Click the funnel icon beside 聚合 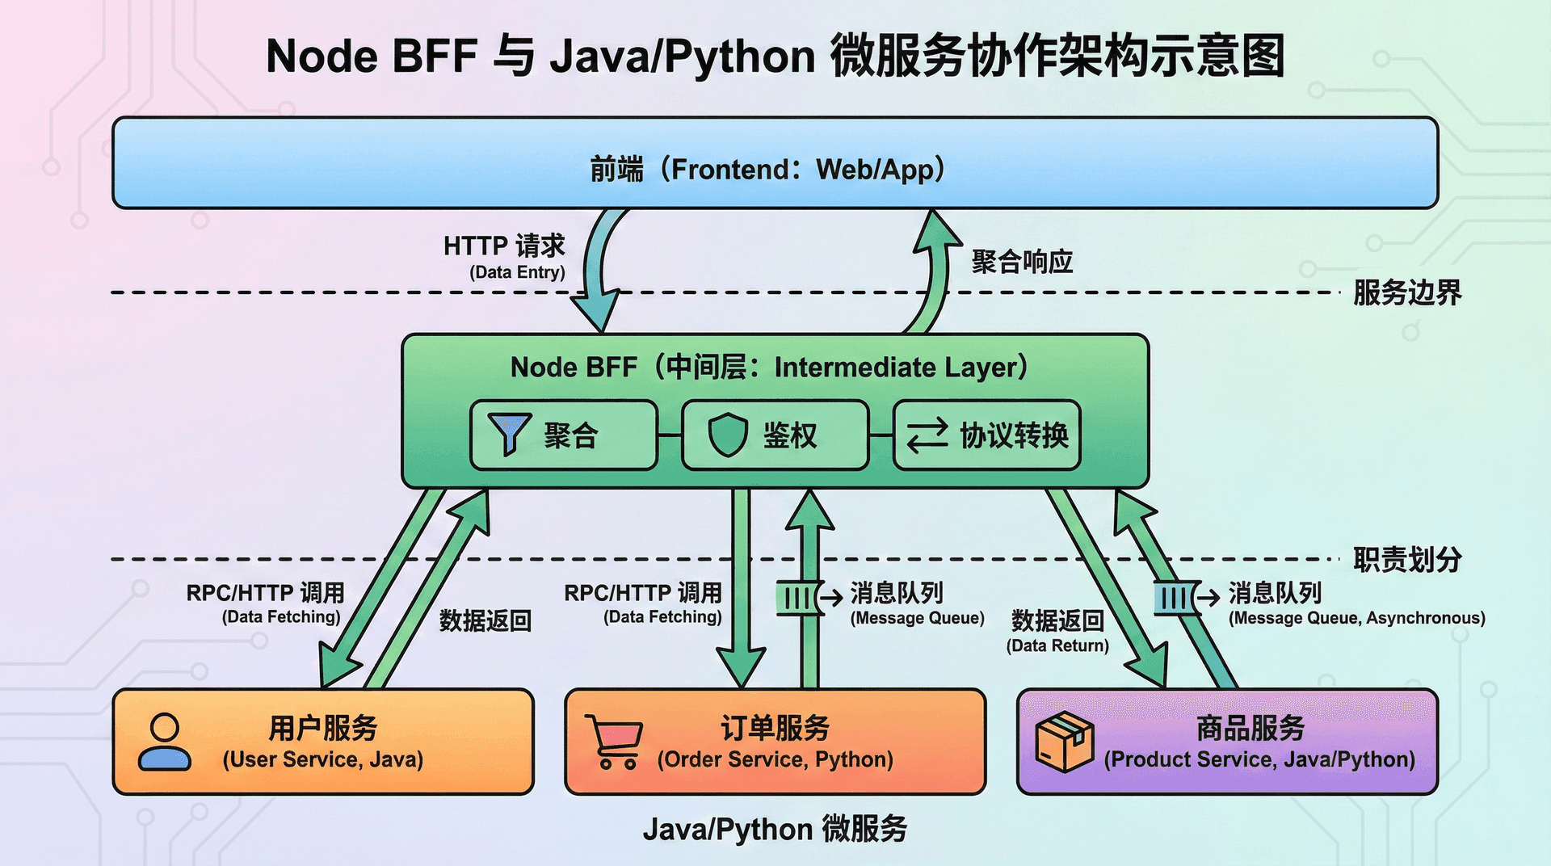(x=509, y=434)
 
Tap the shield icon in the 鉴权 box (x=728, y=435)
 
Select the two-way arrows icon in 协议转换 (x=927, y=435)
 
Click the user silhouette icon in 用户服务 (x=165, y=742)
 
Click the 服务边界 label (x=1407, y=292)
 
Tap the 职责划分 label (x=1407, y=559)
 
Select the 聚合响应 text (x=1022, y=262)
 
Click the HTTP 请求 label (x=504, y=246)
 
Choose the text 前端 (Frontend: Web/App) (x=767, y=170)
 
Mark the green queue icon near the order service (x=797, y=599)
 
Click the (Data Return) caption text (x=1057, y=645)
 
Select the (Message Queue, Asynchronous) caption (x=1356, y=618)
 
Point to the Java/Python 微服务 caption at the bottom (x=775, y=830)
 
